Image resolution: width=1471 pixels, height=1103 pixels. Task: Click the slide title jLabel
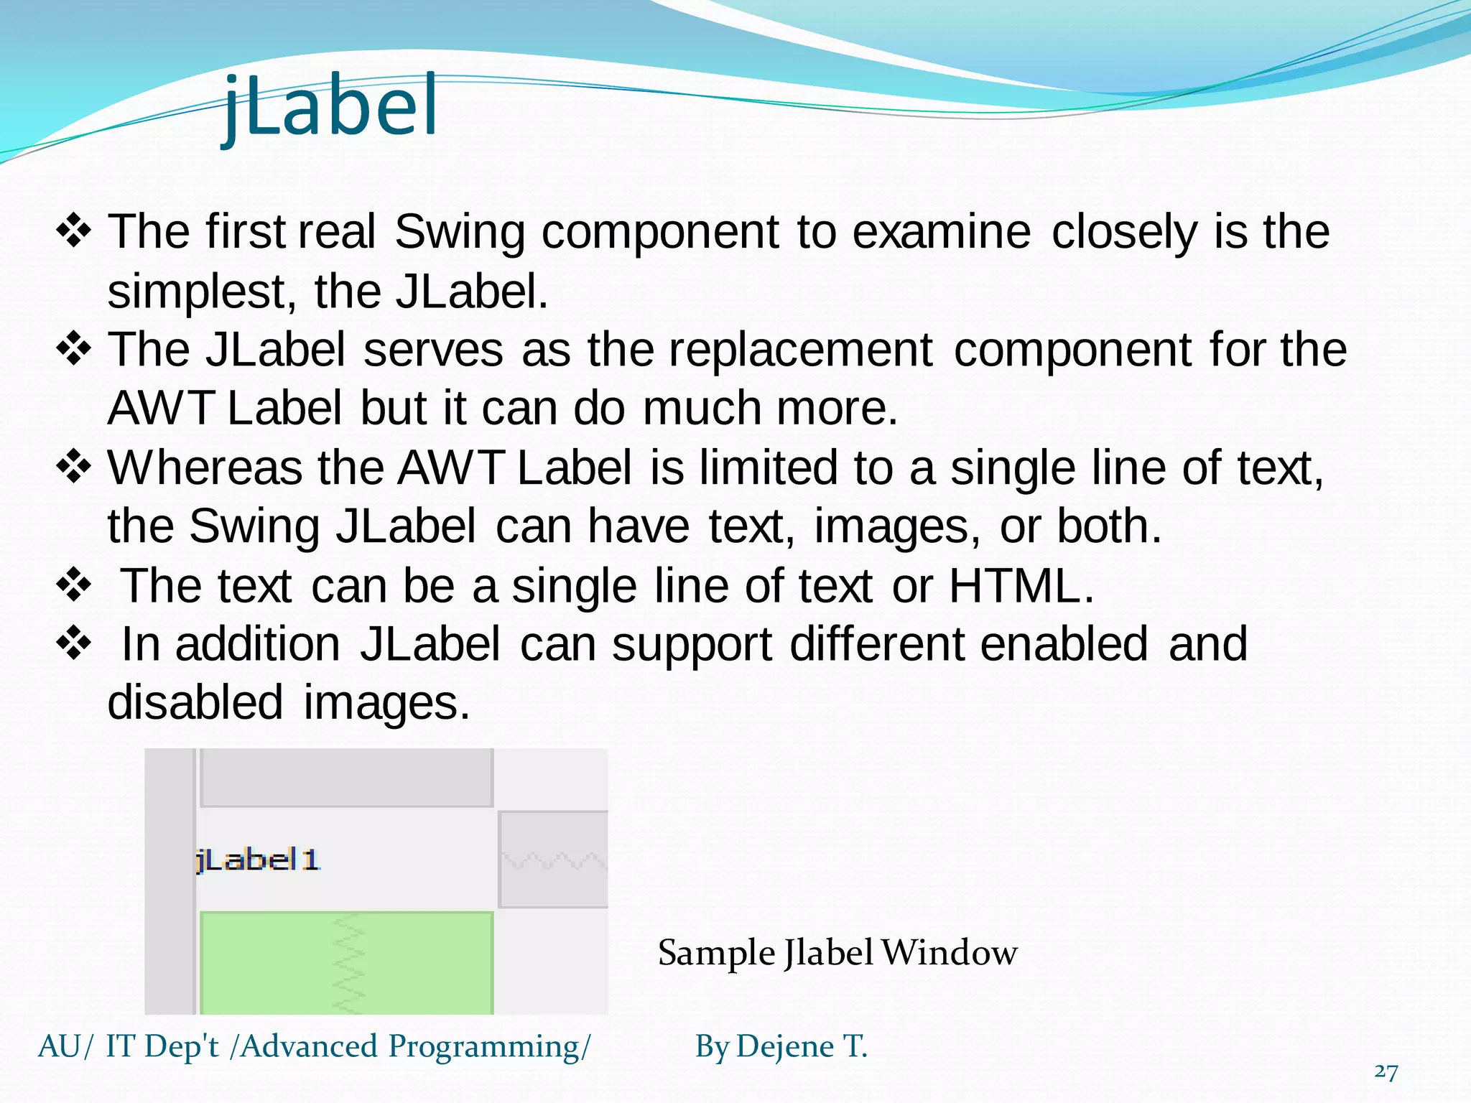pyautogui.click(x=330, y=108)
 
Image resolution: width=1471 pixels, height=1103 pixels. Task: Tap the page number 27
pyautogui.click(x=1386, y=1071)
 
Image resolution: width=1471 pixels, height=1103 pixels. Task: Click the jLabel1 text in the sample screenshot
pyautogui.click(x=257, y=860)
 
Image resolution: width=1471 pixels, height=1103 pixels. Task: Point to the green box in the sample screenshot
pyautogui.click(x=346, y=962)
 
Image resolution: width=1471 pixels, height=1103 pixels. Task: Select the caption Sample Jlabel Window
pyautogui.click(x=837, y=953)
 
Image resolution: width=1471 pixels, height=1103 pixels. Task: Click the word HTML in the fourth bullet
pyautogui.click(x=1014, y=586)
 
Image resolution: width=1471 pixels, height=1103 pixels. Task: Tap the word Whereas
pyautogui.click(x=205, y=467)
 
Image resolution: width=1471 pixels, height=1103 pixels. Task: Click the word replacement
pyautogui.click(x=801, y=350)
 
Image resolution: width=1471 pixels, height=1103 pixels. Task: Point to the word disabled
pyautogui.click(x=195, y=702)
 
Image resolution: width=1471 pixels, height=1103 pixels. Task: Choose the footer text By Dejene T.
pyautogui.click(x=781, y=1046)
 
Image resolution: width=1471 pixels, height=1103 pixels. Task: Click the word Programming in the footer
pyautogui.click(x=484, y=1046)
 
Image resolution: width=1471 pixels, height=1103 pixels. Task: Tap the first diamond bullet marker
pyautogui.click(x=74, y=232)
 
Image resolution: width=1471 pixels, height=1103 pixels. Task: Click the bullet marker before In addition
pyautogui.click(x=74, y=643)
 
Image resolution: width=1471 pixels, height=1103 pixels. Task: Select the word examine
pyautogui.click(x=941, y=232)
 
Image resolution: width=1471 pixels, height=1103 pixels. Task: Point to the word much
pyautogui.click(x=702, y=409)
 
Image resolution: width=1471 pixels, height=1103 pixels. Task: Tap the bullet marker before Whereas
pyautogui.click(x=74, y=467)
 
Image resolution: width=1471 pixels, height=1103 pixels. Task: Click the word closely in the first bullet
pyautogui.click(x=1124, y=232)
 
